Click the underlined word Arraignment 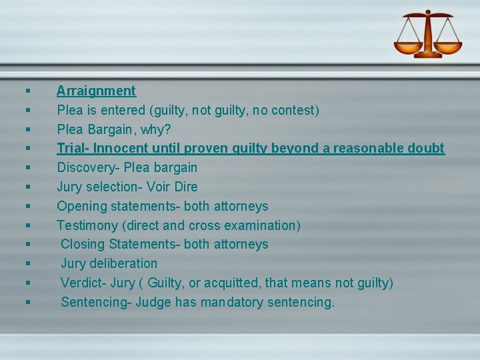pos(96,91)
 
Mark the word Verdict pos(82,283)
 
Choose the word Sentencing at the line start pos(94,302)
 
